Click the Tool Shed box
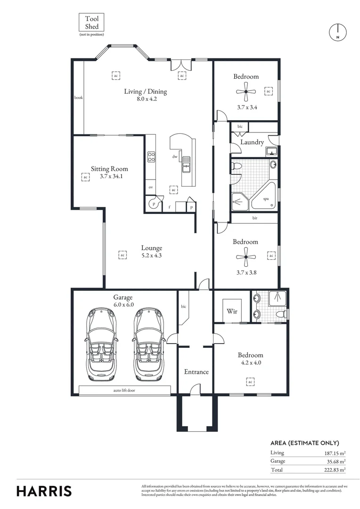pos(91,23)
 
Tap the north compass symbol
pos(337,32)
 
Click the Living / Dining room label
pos(145,91)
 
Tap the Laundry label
pos(252,142)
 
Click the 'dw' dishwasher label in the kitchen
pos(175,156)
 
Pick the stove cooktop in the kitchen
pos(151,156)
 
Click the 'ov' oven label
pos(151,187)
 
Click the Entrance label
pos(196,372)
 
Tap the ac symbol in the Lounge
pos(122,255)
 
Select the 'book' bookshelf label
pos(78,98)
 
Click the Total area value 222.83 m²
pos(334,470)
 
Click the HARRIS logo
pos(44,491)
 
